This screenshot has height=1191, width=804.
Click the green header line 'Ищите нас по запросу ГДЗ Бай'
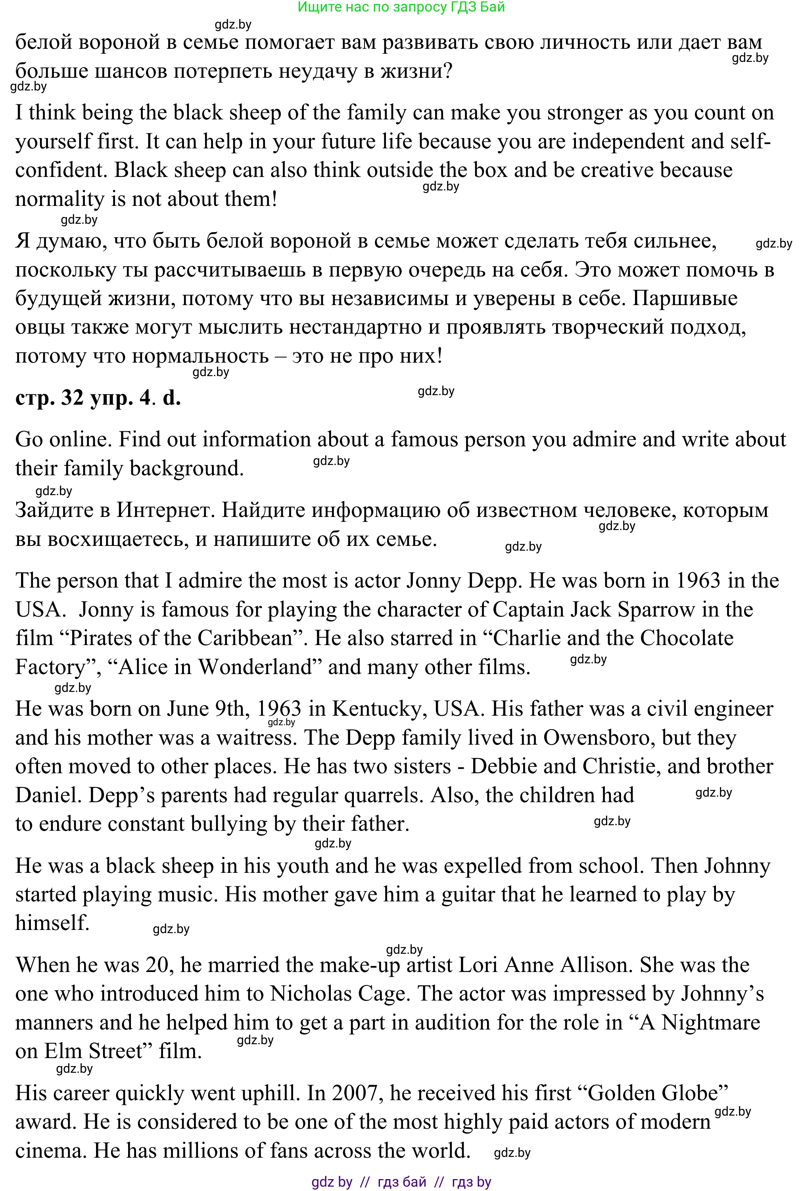[x=401, y=7]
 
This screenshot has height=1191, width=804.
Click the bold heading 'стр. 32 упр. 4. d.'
[x=98, y=397]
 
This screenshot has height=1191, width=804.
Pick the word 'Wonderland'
[x=260, y=667]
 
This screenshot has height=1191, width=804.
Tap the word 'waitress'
[x=257, y=738]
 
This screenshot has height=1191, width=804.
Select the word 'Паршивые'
[x=685, y=298]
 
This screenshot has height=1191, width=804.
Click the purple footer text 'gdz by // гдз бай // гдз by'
[x=401, y=1182]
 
